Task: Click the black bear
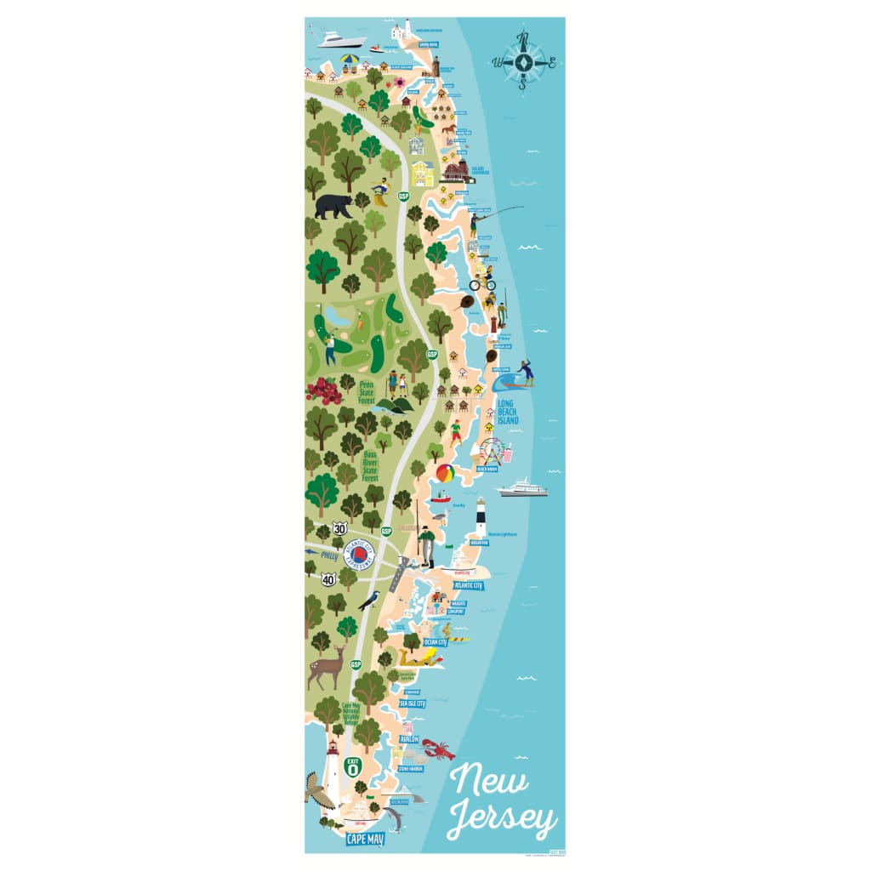(x=333, y=206)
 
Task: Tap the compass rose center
(x=524, y=61)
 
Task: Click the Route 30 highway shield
(x=339, y=528)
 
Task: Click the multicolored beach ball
(x=445, y=473)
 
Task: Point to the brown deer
(x=327, y=668)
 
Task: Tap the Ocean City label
(x=435, y=642)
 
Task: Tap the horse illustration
(x=447, y=128)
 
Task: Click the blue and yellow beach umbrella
(x=350, y=60)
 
